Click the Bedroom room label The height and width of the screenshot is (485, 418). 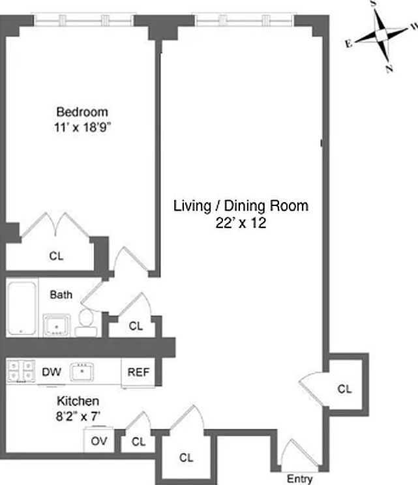tap(82, 112)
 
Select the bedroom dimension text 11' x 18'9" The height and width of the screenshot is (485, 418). tap(82, 127)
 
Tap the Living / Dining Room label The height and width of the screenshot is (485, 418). tap(240, 206)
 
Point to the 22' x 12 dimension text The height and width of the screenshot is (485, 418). tap(240, 222)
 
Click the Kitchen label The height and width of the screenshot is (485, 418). tap(77, 401)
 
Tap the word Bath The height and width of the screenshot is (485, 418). tap(61, 295)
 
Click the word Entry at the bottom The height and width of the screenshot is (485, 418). tap(299, 478)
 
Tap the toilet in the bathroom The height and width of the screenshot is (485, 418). tap(85, 321)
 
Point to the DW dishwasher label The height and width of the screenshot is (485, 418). tap(52, 373)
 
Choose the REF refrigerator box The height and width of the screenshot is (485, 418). tap(138, 373)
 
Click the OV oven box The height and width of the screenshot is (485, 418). tap(98, 441)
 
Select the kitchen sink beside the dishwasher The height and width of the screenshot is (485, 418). tap(83, 372)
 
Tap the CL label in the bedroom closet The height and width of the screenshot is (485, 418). tap(56, 256)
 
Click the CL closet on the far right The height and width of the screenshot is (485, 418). tap(345, 389)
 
